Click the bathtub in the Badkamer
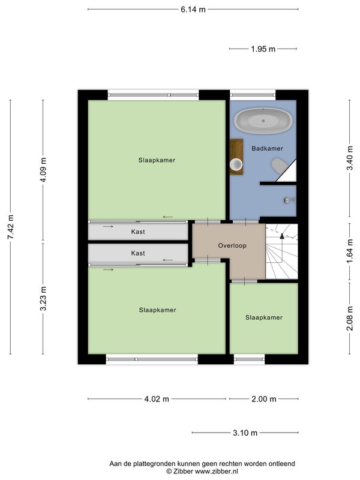pyautogui.click(x=263, y=121)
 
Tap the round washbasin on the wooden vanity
pyautogui.click(x=236, y=164)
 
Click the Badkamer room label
pyautogui.click(x=267, y=148)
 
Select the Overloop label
pyautogui.click(x=232, y=245)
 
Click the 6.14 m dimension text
pyautogui.click(x=193, y=10)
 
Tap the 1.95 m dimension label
pyautogui.click(x=263, y=49)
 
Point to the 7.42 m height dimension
pyautogui.click(x=10, y=227)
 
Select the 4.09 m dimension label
pyautogui.click(x=43, y=170)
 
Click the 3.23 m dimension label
pyautogui.click(x=43, y=298)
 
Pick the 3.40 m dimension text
pyautogui.click(x=350, y=158)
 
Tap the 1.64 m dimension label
pyautogui.click(x=350, y=251)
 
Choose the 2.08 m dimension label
pyautogui.click(x=350, y=319)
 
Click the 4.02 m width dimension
pyautogui.click(x=157, y=399)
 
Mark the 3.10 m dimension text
pyautogui.click(x=245, y=433)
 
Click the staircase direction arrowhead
pyautogui.click(x=282, y=235)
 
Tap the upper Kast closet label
pyautogui.click(x=138, y=232)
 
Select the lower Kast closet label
pyautogui.click(x=138, y=253)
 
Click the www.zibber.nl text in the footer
pyautogui.click(x=217, y=472)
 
